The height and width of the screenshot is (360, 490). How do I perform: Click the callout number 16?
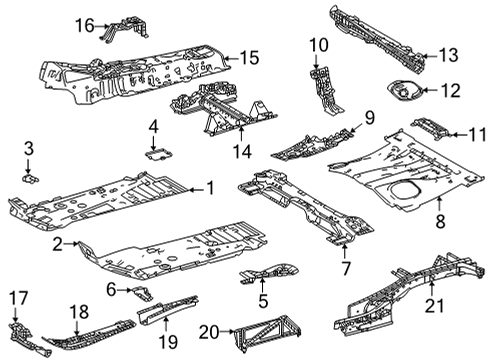click(x=85, y=24)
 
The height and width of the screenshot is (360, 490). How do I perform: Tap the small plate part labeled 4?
click(x=156, y=153)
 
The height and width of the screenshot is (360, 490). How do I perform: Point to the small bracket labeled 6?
click(x=141, y=292)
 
